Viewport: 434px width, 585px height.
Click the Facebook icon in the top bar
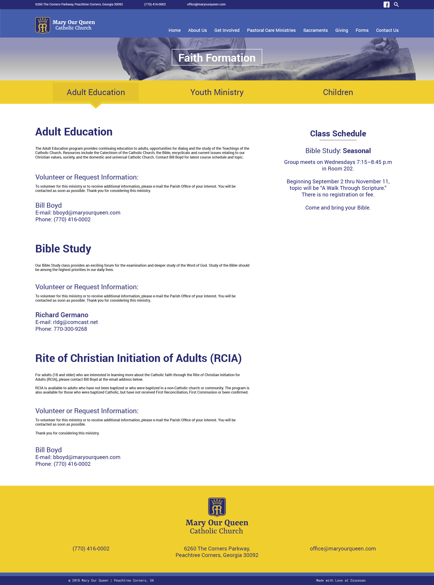[386, 5]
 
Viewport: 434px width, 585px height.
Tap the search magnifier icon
[396, 5]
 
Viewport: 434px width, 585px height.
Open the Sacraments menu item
[315, 30]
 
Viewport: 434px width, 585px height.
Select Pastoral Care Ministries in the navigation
[271, 30]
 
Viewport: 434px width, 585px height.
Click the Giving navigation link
[341, 30]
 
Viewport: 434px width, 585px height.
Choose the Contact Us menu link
[387, 30]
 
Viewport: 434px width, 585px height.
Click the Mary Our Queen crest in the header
[42, 26]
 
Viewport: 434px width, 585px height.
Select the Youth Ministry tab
[217, 92]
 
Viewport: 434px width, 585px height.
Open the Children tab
[338, 92]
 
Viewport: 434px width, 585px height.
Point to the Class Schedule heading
[338, 133]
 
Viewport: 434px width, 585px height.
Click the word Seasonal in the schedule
[356, 151]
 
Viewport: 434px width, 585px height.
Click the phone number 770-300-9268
[70, 329]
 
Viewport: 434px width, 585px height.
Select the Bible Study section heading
[63, 249]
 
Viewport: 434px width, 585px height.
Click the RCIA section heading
[138, 358]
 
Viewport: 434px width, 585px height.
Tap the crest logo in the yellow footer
[217, 507]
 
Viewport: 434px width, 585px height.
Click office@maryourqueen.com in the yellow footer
[343, 548]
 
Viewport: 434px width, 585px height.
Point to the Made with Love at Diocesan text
[341, 580]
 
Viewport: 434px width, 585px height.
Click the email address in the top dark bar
[206, 5]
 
